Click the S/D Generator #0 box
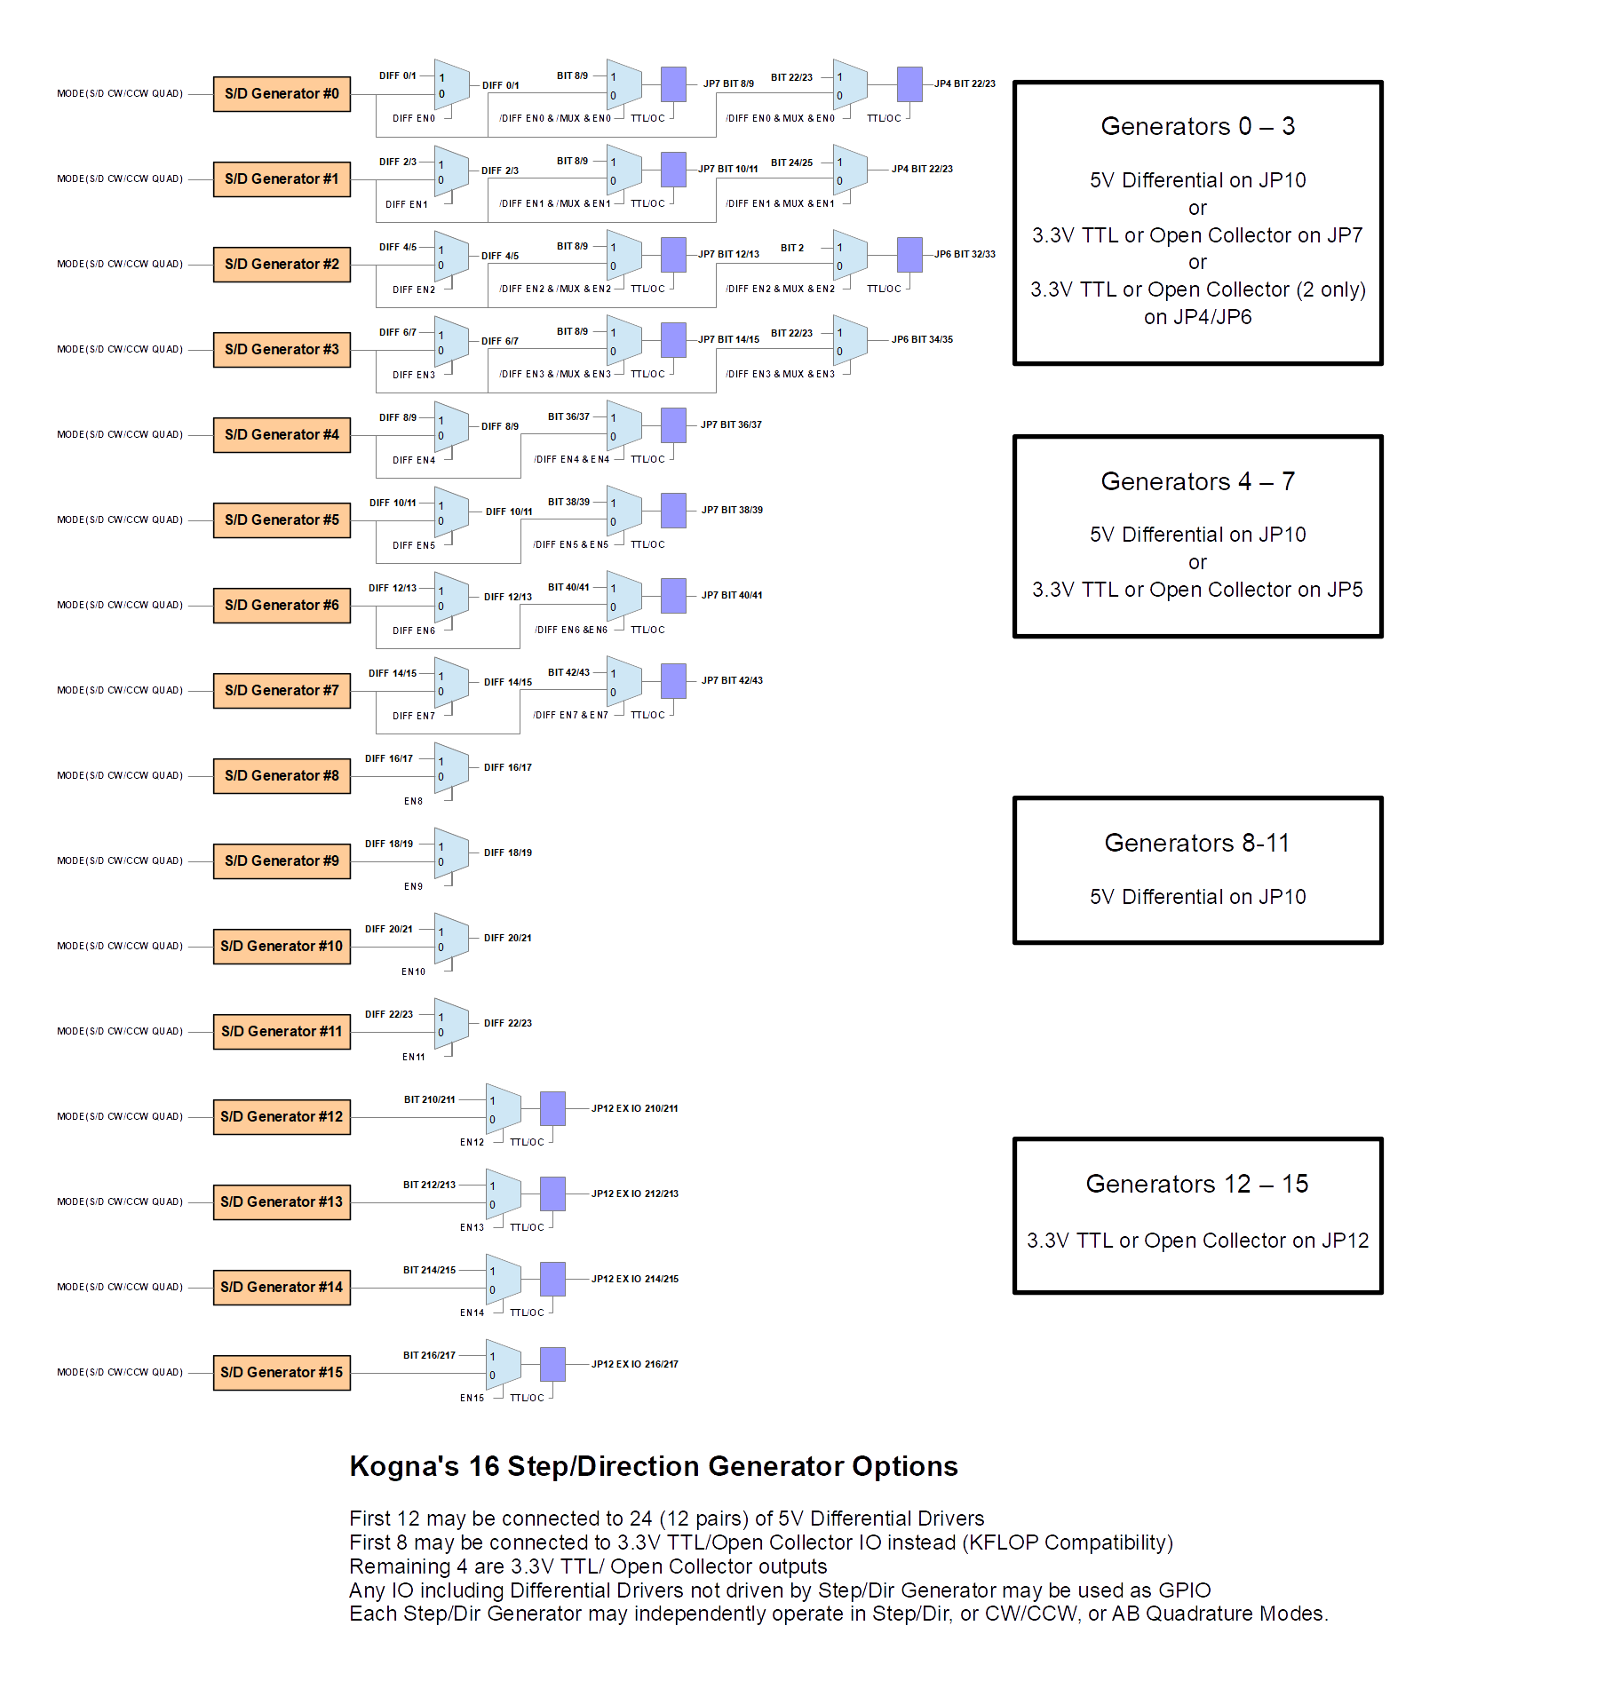pos(282,94)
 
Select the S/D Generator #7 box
pos(282,691)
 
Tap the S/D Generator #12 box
pos(282,1117)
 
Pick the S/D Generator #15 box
pos(282,1373)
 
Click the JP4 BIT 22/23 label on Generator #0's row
pos(965,84)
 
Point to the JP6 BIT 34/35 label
pos(922,340)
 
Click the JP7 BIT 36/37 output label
pos(731,425)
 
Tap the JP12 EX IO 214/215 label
pos(635,1280)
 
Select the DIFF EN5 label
pos(414,546)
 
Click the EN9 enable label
pos(414,887)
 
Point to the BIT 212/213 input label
pos(429,1186)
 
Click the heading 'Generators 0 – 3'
pos(1197,127)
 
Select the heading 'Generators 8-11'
pos(1196,844)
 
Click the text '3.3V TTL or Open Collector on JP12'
pos(1197,1241)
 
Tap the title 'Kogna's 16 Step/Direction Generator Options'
pos(654,1466)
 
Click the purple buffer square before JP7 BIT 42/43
pos(674,682)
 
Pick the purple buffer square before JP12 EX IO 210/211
pos(552,1108)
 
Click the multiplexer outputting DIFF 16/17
pos(451,766)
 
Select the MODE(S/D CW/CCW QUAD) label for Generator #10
pos(120,947)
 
